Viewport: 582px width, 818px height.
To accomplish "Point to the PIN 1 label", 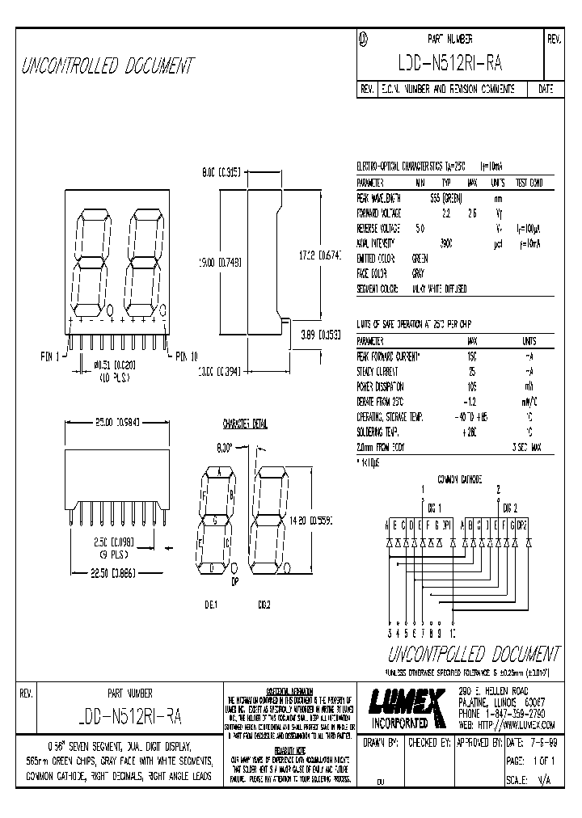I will point(50,355).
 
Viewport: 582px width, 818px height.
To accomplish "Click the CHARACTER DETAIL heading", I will point(244,424).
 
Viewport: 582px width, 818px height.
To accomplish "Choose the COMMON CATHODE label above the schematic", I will point(458,479).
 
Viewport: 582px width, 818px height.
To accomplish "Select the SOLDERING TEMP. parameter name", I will point(381,432).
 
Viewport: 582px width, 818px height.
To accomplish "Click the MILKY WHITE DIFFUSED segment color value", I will point(439,289).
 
